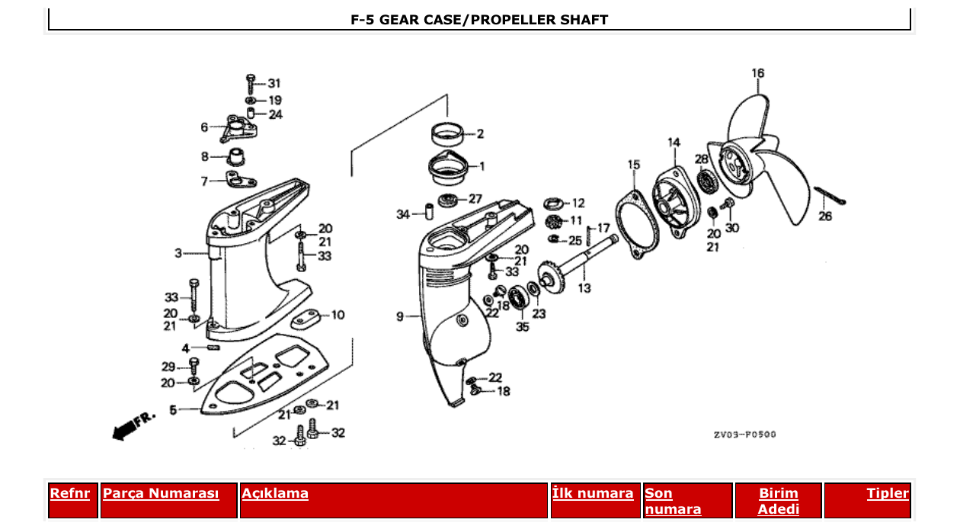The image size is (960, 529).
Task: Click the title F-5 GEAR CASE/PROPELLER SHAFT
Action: pyautogui.click(x=479, y=20)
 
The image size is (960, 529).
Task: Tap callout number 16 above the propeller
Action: pyautogui.click(x=757, y=74)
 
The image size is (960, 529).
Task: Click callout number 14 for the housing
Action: pyautogui.click(x=674, y=143)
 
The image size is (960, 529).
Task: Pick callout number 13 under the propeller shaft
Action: pyautogui.click(x=584, y=288)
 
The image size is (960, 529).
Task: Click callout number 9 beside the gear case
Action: pyautogui.click(x=400, y=316)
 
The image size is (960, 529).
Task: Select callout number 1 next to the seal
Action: pyautogui.click(x=481, y=165)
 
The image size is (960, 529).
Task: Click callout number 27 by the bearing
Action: pyautogui.click(x=475, y=199)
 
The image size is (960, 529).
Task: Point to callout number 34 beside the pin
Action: pyautogui.click(x=403, y=215)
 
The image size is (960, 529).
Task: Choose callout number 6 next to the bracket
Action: pyautogui.click(x=204, y=127)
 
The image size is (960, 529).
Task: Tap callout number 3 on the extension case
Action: pyautogui.click(x=178, y=252)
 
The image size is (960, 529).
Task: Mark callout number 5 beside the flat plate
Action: pyautogui.click(x=173, y=410)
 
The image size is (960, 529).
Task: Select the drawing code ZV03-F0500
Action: pyautogui.click(x=744, y=435)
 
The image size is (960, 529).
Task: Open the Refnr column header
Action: pyautogui.click(x=70, y=493)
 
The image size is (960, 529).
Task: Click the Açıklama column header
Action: pyautogui.click(x=275, y=493)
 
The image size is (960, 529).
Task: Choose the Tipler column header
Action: pyautogui.click(x=887, y=493)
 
